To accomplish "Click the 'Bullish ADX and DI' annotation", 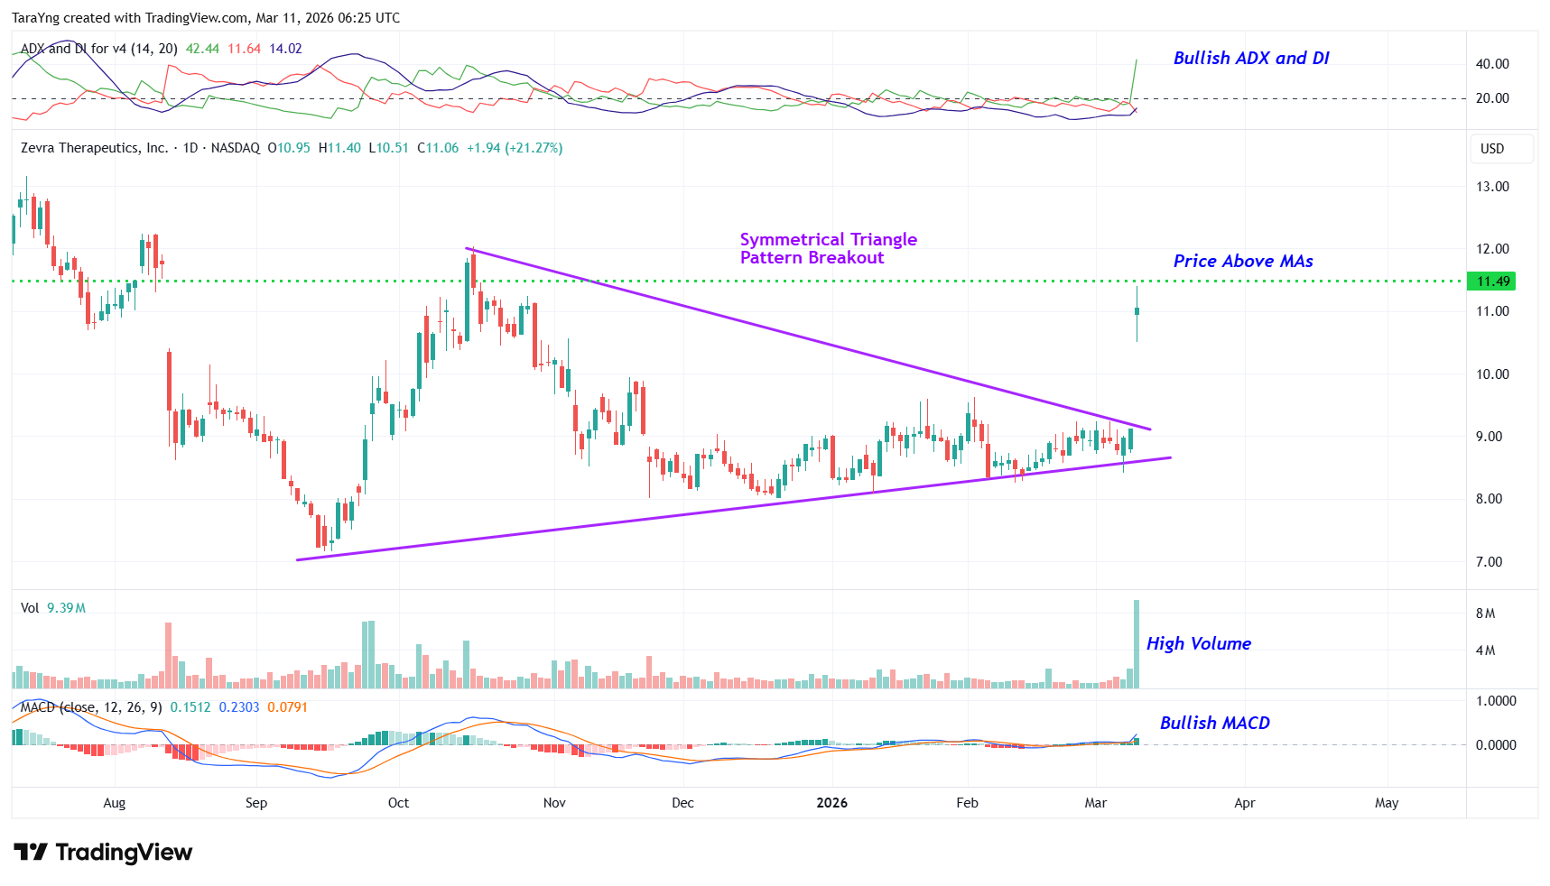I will (x=1250, y=59).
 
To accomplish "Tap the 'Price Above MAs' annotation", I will (x=1242, y=262).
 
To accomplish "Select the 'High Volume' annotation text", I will (x=1198, y=644).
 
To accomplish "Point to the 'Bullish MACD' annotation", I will (x=1214, y=724).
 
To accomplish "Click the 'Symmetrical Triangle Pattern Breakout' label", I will (x=828, y=249).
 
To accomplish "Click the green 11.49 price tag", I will (x=1492, y=281).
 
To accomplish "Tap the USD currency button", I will (x=1492, y=149).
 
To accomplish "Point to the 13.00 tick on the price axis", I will (x=1492, y=187).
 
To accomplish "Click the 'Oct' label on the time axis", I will (x=398, y=803).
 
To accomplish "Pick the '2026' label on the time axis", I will (x=831, y=803).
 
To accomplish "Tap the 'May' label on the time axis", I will (x=1386, y=803).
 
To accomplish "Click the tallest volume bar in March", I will (x=1137, y=644).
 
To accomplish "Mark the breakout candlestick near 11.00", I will (x=1137, y=312).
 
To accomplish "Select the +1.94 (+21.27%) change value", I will (x=515, y=148).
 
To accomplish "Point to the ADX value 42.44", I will (x=202, y=49).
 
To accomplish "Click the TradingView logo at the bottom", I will (x=103, y=853).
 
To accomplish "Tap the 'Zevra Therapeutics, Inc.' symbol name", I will (x=94, y=148).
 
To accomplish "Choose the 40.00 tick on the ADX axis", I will (x=1492, y=64).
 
